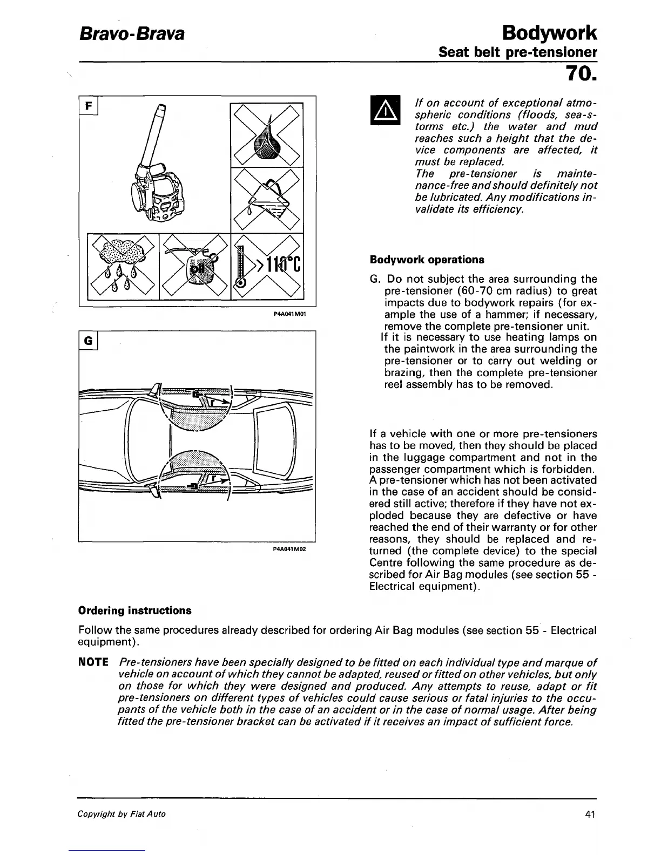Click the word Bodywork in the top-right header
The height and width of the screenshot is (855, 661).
click(x=549, y=33)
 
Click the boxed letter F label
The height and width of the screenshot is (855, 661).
click(x=88, y=105)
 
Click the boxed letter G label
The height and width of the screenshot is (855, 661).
click(x=88, y=340)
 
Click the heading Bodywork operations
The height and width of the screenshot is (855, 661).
click(x=427, y=260)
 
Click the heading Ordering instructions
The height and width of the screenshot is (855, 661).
click(x=134, y=610)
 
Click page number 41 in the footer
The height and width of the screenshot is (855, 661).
click(x=589, y=815)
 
